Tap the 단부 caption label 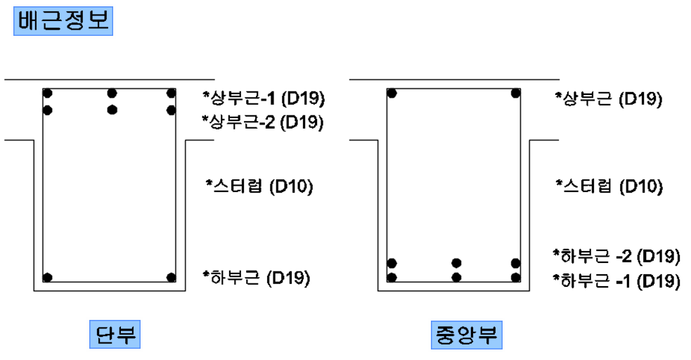[115, 335]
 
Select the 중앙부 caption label [465, 335]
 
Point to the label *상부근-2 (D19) [264, 122]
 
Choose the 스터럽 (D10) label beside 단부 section [259, 186]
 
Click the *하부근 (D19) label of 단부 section [256, 278]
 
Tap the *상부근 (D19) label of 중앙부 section [609, 98]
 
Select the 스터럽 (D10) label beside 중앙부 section [609, 186]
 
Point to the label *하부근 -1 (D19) [616, 281]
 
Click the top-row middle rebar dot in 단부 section [112, 93]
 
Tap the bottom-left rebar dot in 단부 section [48, 277]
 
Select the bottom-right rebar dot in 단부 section [171, 277]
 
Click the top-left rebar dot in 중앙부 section [392, 93]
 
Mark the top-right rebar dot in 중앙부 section [516, 93]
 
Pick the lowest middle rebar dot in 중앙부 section [456, 277]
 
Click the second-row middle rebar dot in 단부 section [112, 110]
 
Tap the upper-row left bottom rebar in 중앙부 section [392, 263]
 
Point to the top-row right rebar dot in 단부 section [171, 93]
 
